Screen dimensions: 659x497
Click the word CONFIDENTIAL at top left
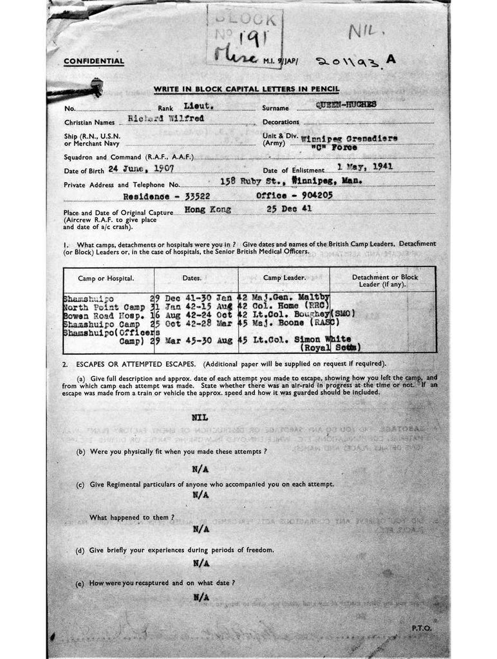93,62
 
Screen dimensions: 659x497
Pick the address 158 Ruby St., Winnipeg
290,181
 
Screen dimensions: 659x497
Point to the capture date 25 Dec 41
288,210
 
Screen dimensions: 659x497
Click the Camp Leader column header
283,278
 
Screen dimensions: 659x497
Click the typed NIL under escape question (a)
200,418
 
